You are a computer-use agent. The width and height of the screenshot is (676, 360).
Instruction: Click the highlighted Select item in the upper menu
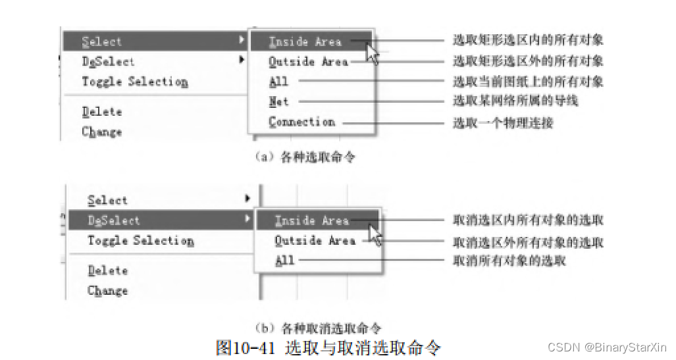(102, 41)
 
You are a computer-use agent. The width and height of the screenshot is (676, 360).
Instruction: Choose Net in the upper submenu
(278, 102)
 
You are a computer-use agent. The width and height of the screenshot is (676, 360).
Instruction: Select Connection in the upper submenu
(301, 122)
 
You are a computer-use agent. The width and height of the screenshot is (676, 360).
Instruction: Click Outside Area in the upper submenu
(307, 62)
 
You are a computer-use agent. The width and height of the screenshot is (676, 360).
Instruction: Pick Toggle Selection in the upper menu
(135, 82)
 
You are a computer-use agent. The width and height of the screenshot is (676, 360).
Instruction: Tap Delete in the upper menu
(102, 112)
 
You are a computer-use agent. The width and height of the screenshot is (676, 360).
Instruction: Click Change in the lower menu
(107, 290)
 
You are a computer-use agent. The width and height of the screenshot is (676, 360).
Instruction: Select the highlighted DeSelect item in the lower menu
(114, 220)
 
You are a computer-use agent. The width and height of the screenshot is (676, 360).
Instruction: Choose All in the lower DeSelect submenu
(284, 261)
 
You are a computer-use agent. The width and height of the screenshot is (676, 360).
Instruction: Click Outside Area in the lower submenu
(315, 241)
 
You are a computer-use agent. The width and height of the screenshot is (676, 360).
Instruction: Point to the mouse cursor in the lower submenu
(375, 233)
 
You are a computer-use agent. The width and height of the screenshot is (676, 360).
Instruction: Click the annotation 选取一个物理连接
(503, 123)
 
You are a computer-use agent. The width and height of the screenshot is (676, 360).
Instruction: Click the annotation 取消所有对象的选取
(509, 261)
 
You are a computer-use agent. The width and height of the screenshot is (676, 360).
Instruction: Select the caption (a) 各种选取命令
(305, 157)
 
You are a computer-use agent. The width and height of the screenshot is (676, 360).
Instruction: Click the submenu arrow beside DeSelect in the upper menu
(242, 61)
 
